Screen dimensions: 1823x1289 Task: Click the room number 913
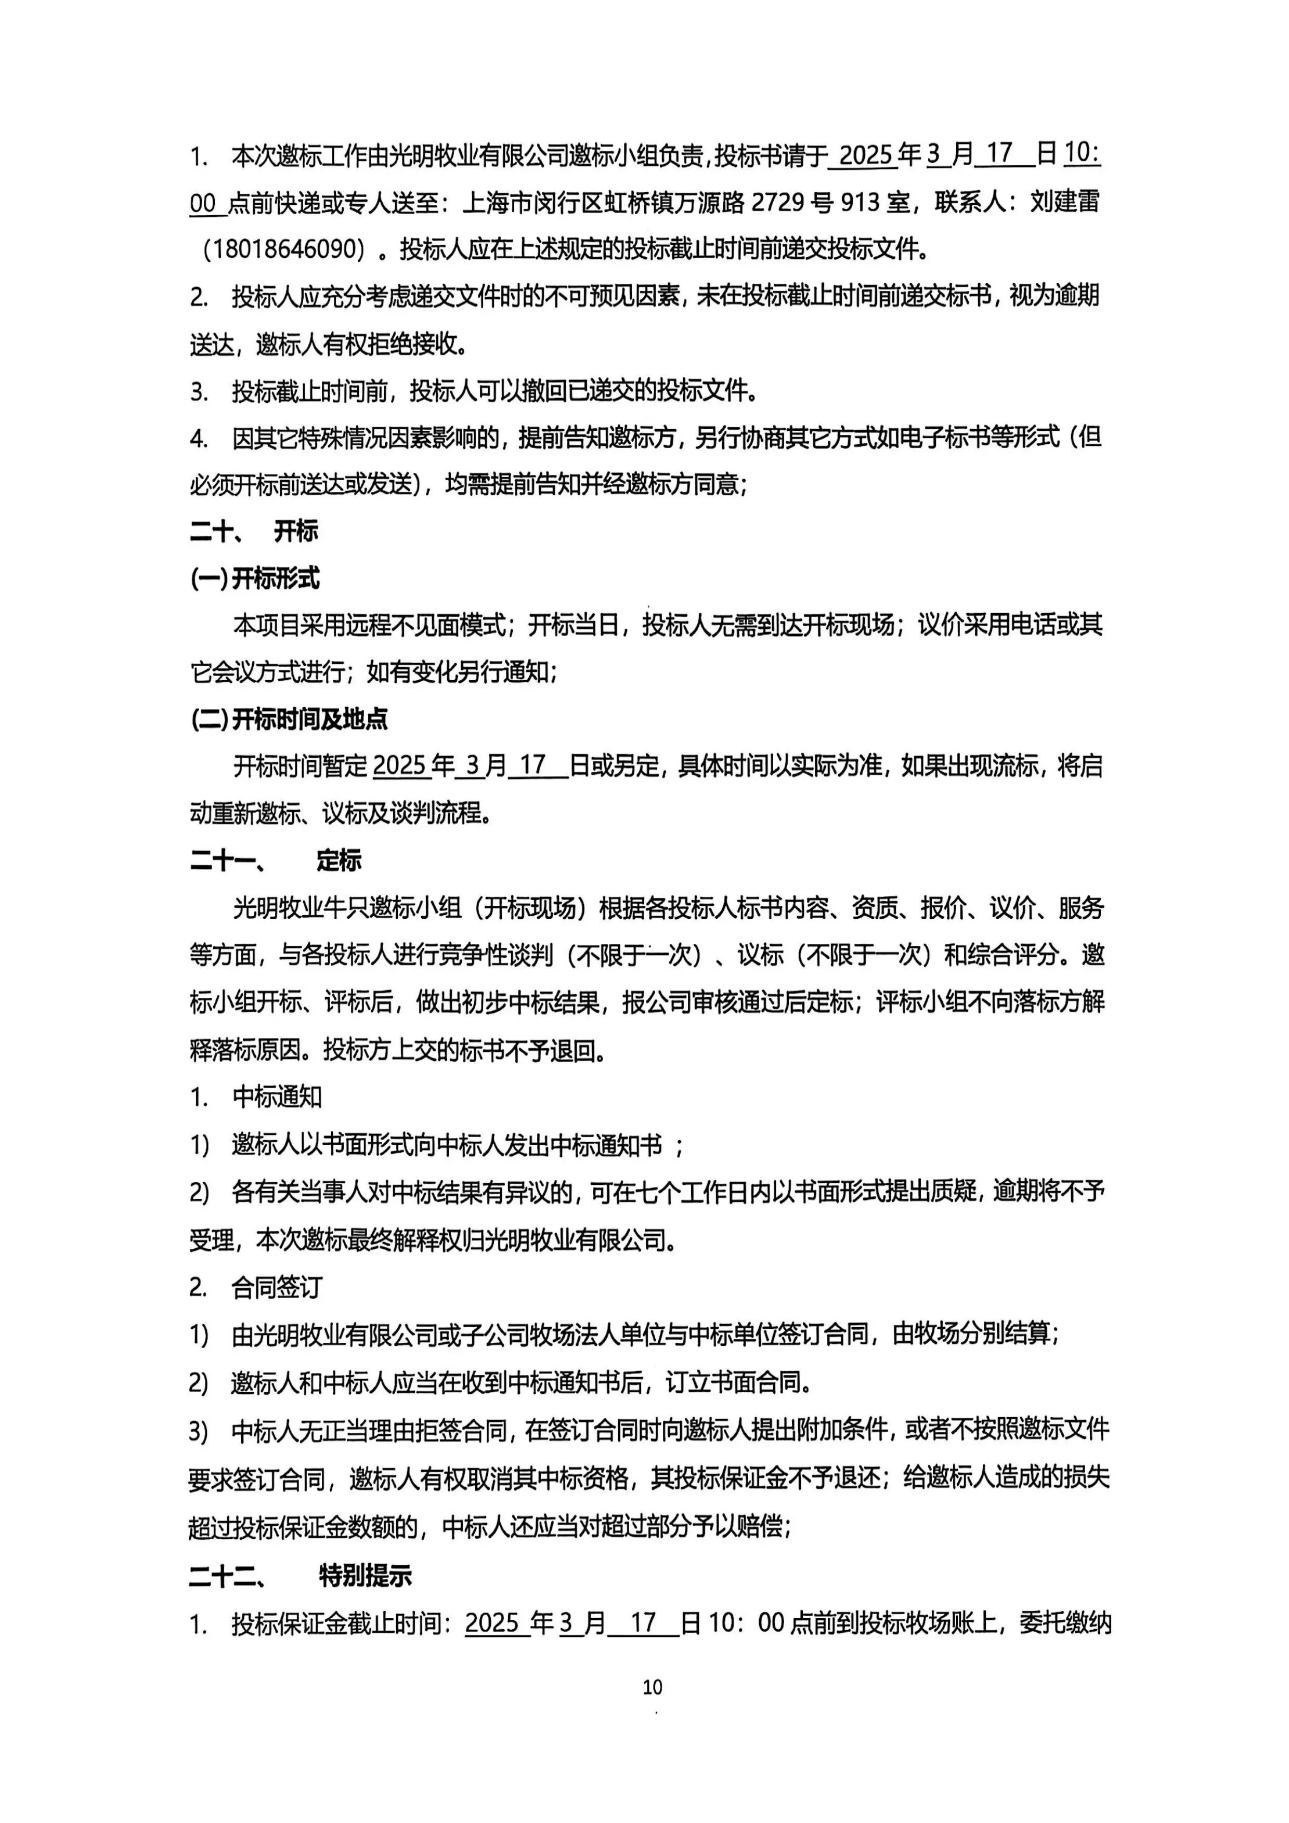[860, 203]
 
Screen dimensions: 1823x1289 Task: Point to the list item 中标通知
[277, 1098]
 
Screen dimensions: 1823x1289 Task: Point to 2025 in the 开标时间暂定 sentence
[400, 766]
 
